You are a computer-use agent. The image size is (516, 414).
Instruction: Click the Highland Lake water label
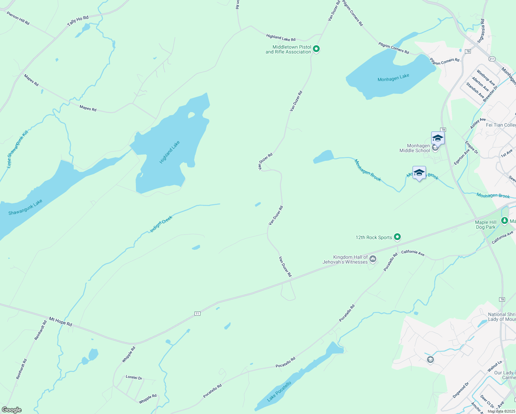coord(170,152)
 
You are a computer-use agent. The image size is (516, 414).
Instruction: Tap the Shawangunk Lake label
coord(25,207)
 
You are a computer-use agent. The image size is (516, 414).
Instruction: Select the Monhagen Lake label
coord(393,78)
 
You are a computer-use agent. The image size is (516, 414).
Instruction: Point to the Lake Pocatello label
coord(279,391)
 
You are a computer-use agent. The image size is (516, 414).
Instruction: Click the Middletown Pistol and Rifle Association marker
coord(316,49)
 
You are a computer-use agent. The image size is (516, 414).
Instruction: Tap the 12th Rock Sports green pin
coord(397,237)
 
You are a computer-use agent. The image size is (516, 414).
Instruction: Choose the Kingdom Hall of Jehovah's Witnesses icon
coord(373,258)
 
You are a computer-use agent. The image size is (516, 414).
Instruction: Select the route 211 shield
coord(492,59)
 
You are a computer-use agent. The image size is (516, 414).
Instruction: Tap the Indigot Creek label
coord(161,224)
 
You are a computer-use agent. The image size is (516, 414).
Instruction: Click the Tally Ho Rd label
coord(78,21)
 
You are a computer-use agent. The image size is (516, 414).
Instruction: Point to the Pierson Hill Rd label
coord(18,18)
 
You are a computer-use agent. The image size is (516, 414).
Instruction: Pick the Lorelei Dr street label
coord(134,377)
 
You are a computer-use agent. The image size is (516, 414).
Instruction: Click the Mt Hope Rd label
coord(60,322)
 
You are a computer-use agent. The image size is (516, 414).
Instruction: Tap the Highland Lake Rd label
coord(281,38)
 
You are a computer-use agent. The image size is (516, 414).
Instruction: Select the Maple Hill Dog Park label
coord(486,225)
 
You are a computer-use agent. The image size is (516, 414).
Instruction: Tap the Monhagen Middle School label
coord(415,148)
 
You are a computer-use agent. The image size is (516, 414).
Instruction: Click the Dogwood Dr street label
coord(461,390)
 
